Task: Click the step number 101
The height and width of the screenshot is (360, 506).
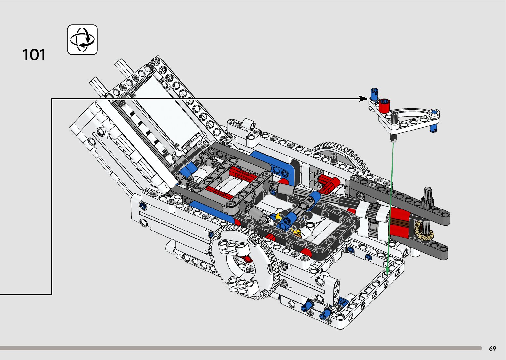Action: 34,55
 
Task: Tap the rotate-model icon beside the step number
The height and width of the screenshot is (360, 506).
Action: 82,40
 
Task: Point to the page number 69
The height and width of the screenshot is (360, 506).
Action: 492,348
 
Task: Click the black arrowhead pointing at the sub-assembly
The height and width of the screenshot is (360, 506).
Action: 364,99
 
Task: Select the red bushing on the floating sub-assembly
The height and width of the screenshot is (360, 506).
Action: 384,106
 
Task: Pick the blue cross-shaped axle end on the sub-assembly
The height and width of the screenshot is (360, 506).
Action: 434,113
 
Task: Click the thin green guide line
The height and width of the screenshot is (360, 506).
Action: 390,205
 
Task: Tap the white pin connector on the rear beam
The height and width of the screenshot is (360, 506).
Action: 249,124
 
